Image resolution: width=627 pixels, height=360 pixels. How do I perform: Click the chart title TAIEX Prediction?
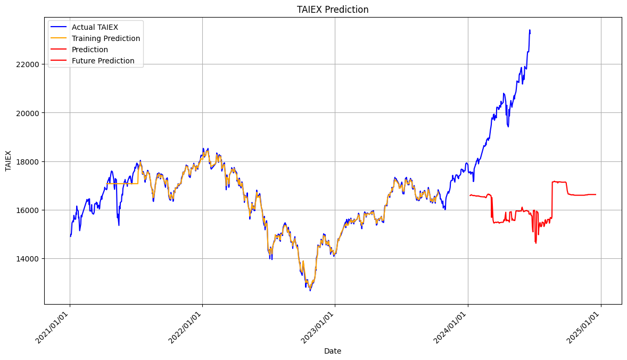coord(332,9)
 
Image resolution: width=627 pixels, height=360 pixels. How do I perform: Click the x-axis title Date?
coord(332,351)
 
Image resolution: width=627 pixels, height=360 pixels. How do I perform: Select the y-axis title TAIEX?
coord(9,161)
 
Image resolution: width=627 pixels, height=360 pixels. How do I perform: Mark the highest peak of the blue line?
coord(530,30)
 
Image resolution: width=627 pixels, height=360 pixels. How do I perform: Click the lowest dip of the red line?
coord(536,243)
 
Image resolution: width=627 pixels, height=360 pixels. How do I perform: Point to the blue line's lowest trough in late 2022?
coord(310,290)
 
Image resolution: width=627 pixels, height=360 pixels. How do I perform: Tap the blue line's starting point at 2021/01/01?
coord(70,236)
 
